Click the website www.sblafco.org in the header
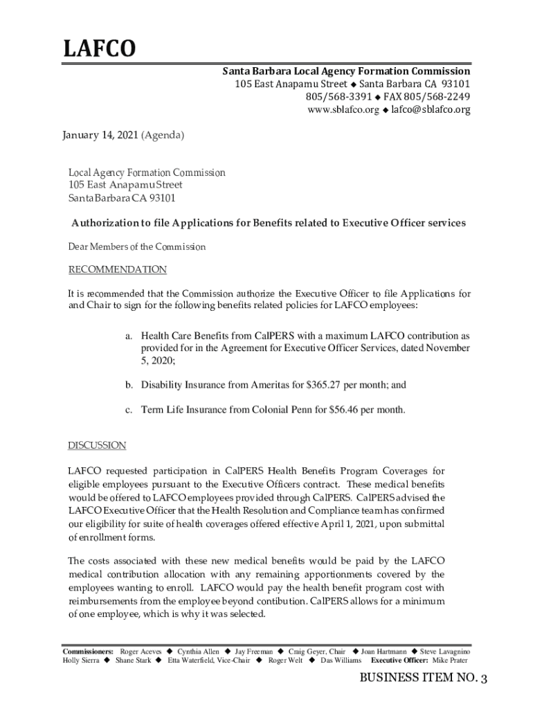point(343,110)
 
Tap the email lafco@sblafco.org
point(430,110)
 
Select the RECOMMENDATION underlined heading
point(117,269)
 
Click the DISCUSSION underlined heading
point(97,445)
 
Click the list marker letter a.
point(129,335)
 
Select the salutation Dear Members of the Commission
point(136,247)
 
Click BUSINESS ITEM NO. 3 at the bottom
point(424,679)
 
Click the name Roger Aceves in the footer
point(141,652)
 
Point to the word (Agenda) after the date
point(163,136)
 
